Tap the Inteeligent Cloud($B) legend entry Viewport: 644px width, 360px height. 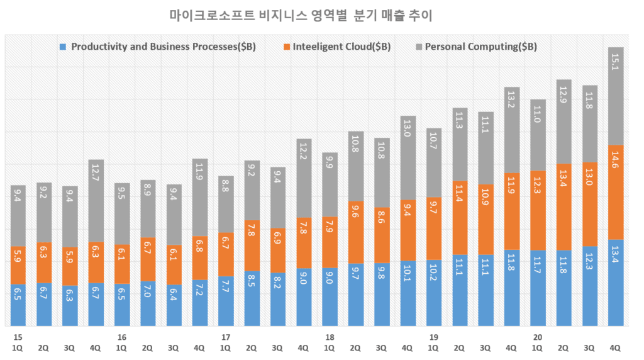[343, 47]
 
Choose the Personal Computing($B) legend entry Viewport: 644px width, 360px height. [480, 47]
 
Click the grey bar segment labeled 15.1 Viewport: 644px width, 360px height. [616, 96]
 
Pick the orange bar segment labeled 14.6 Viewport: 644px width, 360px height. [616, 192]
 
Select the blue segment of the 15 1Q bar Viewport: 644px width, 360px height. [18, 305]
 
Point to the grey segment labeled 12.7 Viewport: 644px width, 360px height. [96, 201]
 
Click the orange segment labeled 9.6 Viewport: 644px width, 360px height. [356, 232]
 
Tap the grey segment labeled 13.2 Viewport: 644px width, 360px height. [512, 130]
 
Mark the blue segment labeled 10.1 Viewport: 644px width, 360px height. [408, 293]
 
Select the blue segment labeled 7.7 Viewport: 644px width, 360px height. [226, 301]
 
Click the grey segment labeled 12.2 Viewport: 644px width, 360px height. [304, 178]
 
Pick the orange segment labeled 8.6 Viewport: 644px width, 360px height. [382, 235]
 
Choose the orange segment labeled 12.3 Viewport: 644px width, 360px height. [538, 210]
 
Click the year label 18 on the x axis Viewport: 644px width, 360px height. [330, 337]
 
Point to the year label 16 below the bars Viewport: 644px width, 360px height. [121, 337]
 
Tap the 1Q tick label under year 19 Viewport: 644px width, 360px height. [433, 347]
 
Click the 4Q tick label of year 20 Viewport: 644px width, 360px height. [616, 347]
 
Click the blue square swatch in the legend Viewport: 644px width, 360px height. [62, 47]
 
